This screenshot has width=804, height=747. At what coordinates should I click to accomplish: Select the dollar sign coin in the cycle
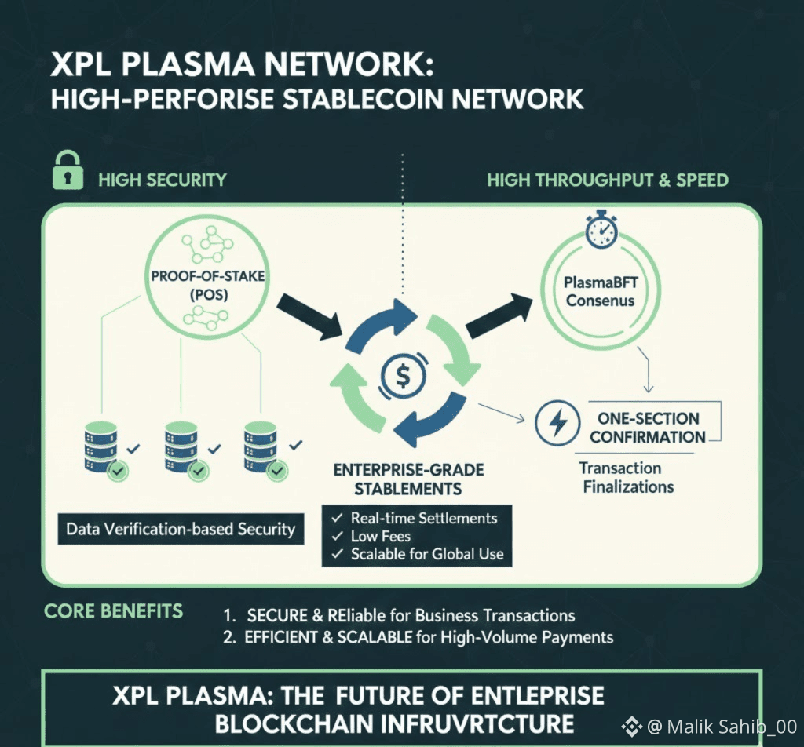click(x=400, y=376)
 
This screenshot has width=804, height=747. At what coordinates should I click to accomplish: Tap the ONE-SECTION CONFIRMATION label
click(x=648, y=427)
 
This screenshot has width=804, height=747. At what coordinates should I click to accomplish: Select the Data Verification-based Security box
click(x=181, y=529)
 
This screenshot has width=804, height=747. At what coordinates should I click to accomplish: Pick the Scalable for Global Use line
click(x=426, y=554)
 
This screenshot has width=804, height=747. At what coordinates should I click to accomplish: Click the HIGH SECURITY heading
click(x=162, y=180)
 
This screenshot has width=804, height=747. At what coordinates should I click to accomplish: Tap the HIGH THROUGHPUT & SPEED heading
click(x=607, y=180)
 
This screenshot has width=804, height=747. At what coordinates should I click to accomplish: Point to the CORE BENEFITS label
click(x=114, y=611)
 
